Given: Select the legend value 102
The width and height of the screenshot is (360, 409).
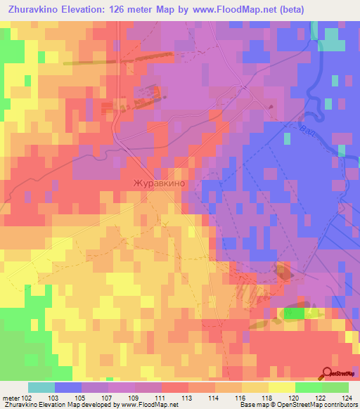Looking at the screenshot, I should [x=27, y=397].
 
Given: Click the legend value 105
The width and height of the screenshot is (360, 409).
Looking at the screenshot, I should [x=82, y=397].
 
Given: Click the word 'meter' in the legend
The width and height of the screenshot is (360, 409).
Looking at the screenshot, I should [x=11, y=397].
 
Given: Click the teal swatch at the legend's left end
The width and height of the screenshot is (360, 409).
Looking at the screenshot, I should [x=41, y=387].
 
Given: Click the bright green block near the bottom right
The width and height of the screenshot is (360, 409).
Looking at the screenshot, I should [x=295, y=313].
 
